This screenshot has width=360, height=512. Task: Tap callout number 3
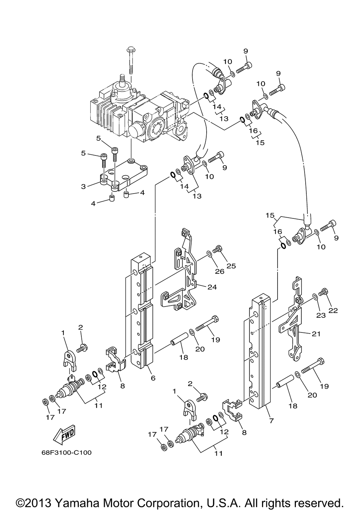[83, 186]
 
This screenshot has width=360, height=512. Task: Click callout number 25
[231, 266]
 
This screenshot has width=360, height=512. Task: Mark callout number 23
[321, 315]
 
